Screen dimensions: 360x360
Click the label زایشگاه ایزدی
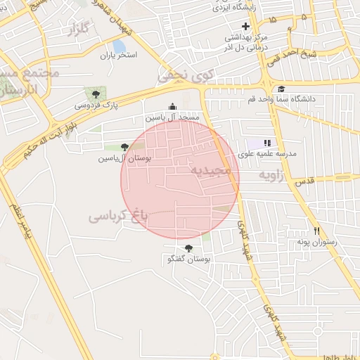pyautogui.click(x=240, y=8)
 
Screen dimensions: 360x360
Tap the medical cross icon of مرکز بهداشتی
pyautogui.click(x=245, y=26)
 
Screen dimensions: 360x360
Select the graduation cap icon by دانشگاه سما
pyautogui.click(x=281, y=89)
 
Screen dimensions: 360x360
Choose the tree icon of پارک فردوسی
pyautogui.click(x=92, y=94)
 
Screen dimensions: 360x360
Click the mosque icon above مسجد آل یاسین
pyautogui.click(x=173, y=106)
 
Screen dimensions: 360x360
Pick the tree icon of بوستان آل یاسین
pyautogui.click(x=125, y=147)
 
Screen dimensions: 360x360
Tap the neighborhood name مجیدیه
pyautogui.click(x=210, y=171)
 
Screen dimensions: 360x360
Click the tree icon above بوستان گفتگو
pyautogui.click(x=188, y=248)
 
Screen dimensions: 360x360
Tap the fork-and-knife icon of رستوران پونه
pyautogui.click(x=317, y=231)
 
